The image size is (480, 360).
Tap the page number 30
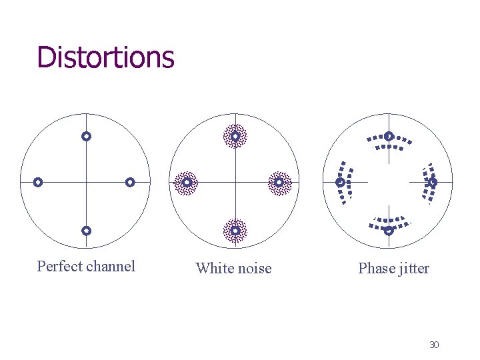pos(434,345)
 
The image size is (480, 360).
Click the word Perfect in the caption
pos(59,267)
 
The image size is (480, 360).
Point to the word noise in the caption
pos(254,269)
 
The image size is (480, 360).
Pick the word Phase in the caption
pos(376,269)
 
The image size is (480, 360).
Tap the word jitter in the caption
pos(414,269)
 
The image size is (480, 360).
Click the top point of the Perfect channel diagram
pos(86,136)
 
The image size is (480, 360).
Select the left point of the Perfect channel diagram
pos(38,182)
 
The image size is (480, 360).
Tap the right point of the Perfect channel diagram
pos(130,182)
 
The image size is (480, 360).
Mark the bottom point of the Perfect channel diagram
pos(86,231)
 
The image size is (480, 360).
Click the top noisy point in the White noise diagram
pos(235,136)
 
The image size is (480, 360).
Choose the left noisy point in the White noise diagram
pos(187,182)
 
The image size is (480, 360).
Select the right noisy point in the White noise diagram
pos(279,182)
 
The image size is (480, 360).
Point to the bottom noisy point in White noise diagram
pos(235,231)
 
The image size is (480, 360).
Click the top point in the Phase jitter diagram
pos(389,137)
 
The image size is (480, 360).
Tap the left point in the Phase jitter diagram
pos(340,182)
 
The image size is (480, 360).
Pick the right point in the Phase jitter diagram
pos(433,182)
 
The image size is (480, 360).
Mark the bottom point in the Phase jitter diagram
pos(389,231)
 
